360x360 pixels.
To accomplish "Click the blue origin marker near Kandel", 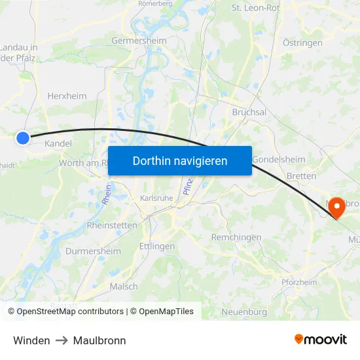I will pyautogui.click(x=23, y=137).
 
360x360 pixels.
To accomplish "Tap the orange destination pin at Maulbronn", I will pyautogui.click(x=336, y=207).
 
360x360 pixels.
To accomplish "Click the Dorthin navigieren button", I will pyautogui.click(x=180, y=161).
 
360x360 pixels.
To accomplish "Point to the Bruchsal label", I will pyautogui.click(x=249, y=112).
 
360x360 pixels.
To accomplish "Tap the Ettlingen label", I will pyautogui.click(x=157, y=246).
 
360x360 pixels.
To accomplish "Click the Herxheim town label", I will pyautogui.click(x=67, y=96).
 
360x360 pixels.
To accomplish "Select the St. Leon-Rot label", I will pyautogui.click(x=255, y=9).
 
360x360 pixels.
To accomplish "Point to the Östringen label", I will pyautogui.click(x=302, y=43).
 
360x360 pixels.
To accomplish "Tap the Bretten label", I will pyautogui.click(x=302, y=176).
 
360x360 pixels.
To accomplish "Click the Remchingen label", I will pyautogui.click(x=236, y=237).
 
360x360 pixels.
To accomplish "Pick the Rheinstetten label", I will pyautogui.click(x=112, y=225).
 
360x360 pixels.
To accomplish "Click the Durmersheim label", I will pyautogui.click(x=94, y=251).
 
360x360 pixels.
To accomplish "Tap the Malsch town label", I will pyautogui.click(x=124, y=286).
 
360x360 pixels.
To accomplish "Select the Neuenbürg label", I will pyautogui.click(x=244, y=311).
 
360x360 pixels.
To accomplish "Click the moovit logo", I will pyautogui.click(x=321, y=340).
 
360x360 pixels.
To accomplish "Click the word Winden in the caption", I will pyautogui.click(x=31, y=340).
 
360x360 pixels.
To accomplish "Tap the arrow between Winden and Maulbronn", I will pyautogui.click(x=62, y=340).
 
